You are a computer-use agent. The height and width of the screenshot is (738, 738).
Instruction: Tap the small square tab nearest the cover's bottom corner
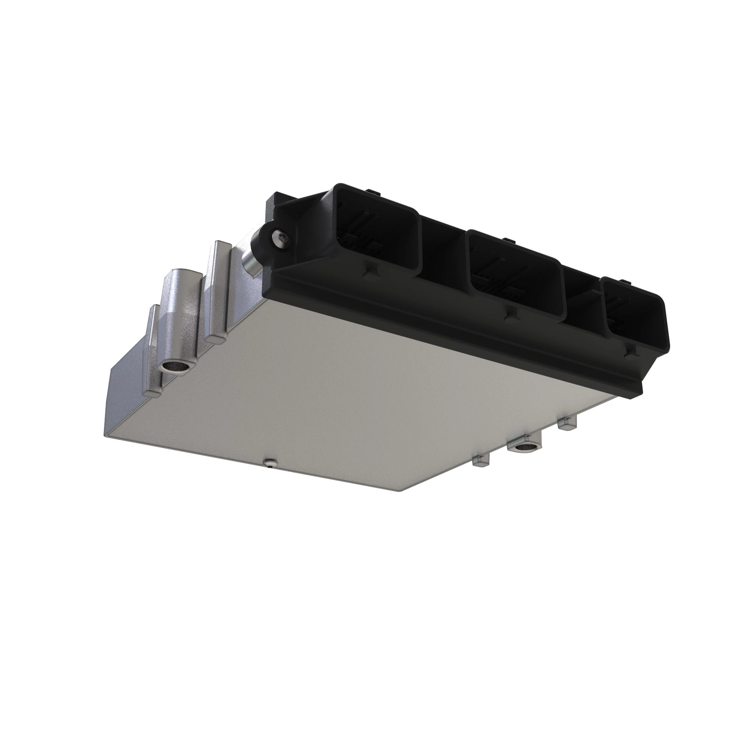click(480, 461)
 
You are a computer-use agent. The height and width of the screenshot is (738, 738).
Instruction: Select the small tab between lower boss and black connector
click(567, 423)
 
